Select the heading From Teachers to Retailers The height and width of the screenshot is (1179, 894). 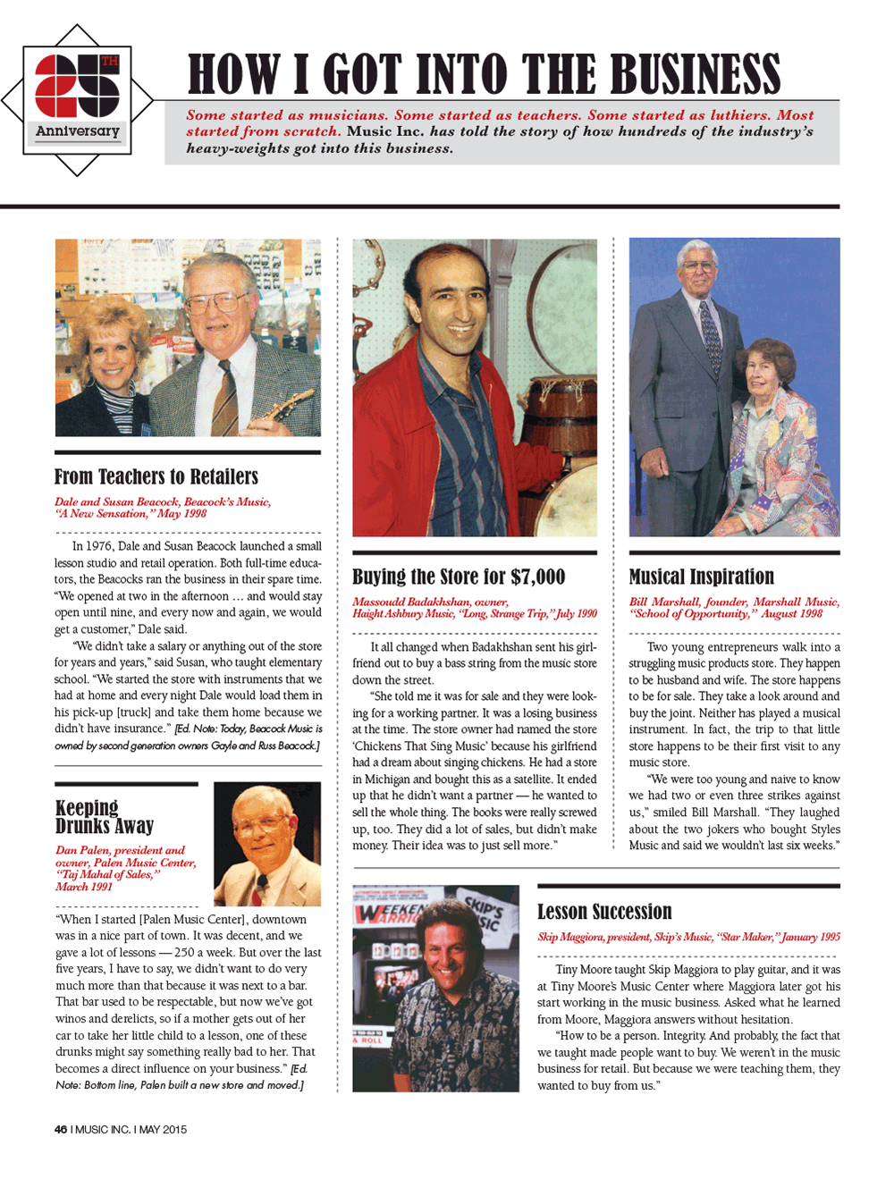coord(156,476)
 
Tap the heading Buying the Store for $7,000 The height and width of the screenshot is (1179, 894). coord(459,577)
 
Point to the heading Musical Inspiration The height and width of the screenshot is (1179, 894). coord(702,577)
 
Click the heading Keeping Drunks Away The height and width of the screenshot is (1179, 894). coord(105,817)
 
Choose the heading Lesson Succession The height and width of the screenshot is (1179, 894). coord(604,912)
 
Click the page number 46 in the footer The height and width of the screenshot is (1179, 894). coord(61,1129)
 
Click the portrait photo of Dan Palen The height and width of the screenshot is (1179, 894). coord(266,844)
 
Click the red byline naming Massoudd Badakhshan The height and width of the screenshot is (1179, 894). coord(474,608)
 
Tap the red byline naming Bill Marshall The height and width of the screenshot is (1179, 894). coord(734,608)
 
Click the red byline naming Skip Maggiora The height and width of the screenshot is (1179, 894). coord(688,937)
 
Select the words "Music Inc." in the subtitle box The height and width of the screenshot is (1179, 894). coord(385,131)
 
